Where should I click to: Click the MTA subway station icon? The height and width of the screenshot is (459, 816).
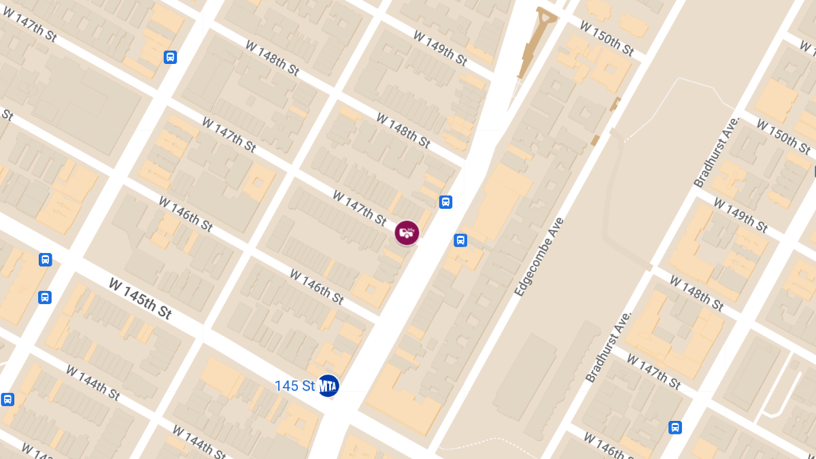[x=328, y=386]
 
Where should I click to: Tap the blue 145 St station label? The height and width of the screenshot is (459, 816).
[x=294, y=386]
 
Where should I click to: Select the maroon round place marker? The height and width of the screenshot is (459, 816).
[x=407, y=233]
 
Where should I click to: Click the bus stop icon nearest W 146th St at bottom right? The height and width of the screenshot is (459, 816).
[x=675, y=427]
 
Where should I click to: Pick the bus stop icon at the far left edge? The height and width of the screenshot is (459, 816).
[x=7, y=399]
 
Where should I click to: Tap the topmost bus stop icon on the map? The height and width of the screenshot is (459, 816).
[x=170, y=57]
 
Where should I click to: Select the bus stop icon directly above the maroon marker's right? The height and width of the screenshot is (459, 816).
[x=445, y=201]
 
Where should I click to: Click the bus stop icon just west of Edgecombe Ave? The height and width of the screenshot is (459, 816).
[x=460, y=240]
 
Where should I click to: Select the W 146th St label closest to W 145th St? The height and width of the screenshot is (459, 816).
[x=186, y=214]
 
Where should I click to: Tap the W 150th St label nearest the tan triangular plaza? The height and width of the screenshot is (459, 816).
[x=607, y=37]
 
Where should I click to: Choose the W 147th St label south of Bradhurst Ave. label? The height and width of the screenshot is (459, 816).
[x=653, y=371]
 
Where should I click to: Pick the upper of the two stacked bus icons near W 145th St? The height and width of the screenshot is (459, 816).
[x=45, y=259]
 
